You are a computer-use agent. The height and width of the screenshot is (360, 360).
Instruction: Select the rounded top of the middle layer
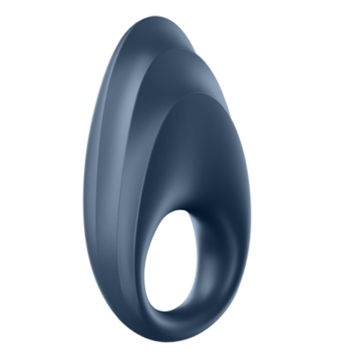pos(177,51)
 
